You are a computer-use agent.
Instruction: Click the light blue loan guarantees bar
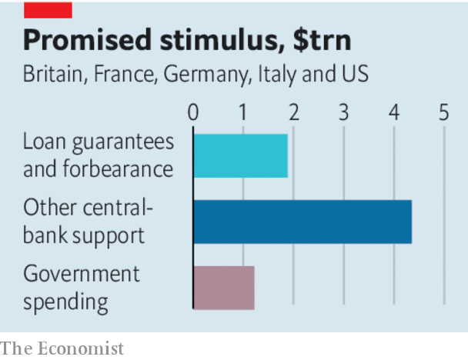coord(240,156)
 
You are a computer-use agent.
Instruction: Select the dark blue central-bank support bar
coord(302,222)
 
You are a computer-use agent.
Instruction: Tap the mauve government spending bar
coord(223,288)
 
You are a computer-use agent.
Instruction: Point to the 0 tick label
coord(193,112)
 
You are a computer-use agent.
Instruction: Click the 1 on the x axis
coord(243,112)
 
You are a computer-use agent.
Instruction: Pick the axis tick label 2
coord(293,112)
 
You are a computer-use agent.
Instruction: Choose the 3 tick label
coord(343,112)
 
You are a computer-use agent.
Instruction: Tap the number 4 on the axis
coord(393,112)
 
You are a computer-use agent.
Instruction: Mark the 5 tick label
coord(443,112)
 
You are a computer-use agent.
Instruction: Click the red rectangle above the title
coord(48,9)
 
